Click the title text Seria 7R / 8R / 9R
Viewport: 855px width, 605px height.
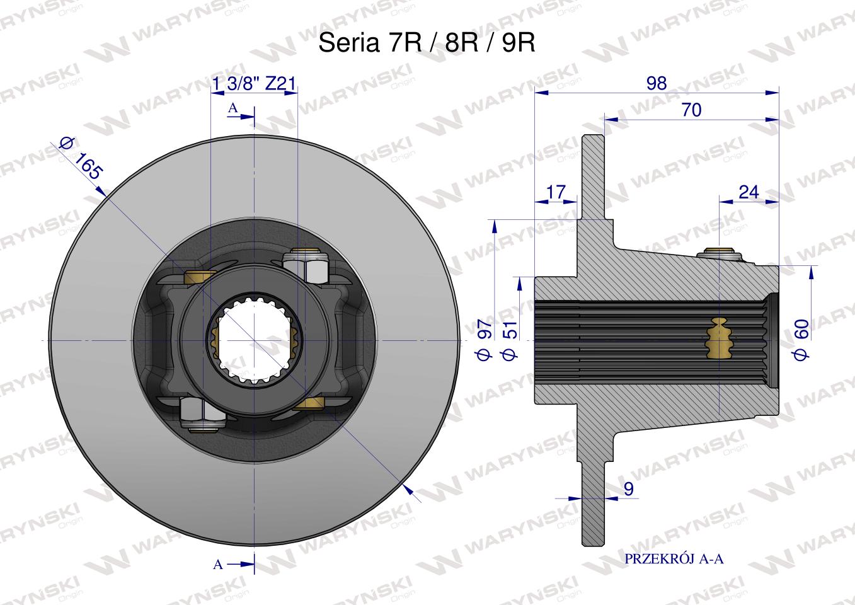(427, 42)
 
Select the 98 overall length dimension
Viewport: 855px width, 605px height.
(657, 83)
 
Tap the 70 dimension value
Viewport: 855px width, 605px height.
(691, 110)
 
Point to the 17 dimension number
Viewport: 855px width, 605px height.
(556, 192)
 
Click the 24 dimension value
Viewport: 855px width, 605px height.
(749, 192)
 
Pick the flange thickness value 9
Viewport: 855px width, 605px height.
(629, 488)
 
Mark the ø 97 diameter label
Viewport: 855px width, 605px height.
(484, 339)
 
